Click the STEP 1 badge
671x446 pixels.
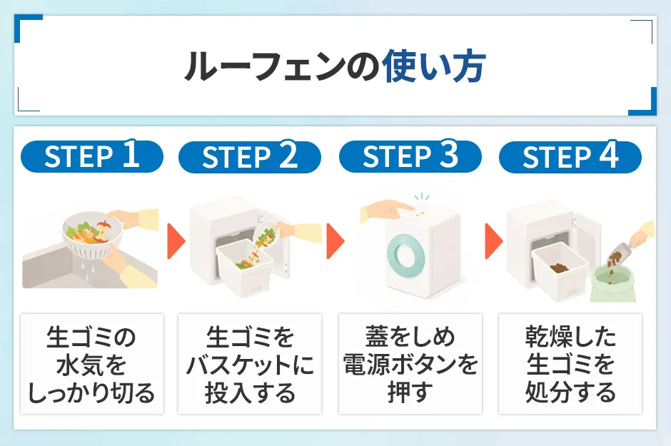coord(91,157)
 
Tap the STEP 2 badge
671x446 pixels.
coord(249,157)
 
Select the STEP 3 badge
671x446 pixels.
coord(410,157)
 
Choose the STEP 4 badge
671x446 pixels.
coord(570,157)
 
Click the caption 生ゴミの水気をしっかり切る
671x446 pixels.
coord(91,364)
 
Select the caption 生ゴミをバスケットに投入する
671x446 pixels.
coord(249,364)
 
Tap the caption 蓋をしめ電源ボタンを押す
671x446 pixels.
coord(410,364)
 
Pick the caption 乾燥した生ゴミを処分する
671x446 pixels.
coord(570,364)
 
